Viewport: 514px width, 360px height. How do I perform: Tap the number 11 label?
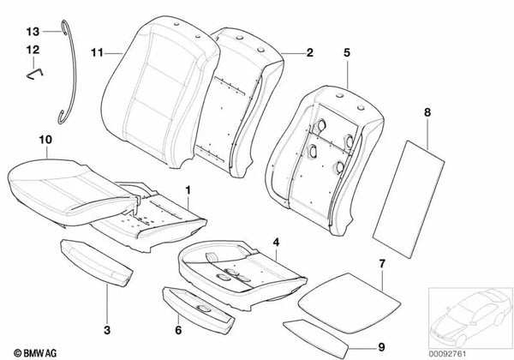point(96,52)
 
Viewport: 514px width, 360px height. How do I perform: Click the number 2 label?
point(311,52)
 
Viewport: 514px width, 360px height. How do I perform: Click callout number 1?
point(189,187)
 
